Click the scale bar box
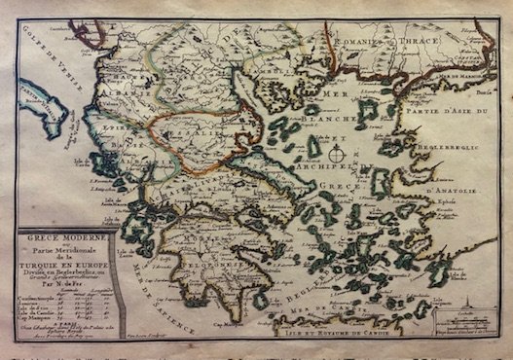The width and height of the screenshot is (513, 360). click(461, 341)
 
